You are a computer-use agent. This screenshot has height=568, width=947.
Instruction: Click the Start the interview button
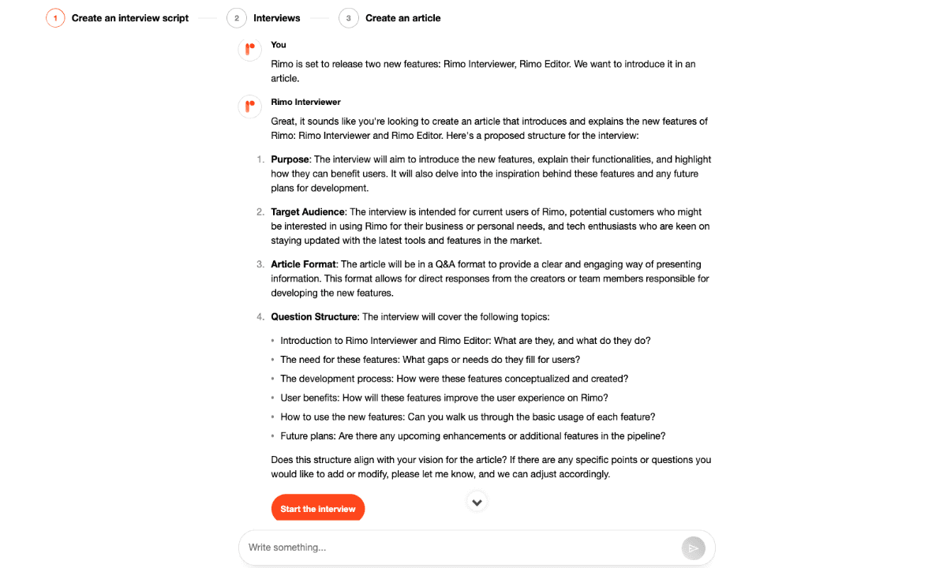(x=318, y=509)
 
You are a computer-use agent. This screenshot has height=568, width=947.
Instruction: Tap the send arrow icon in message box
(x=692, y=548)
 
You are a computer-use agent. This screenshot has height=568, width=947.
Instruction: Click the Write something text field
(x=458, y=547)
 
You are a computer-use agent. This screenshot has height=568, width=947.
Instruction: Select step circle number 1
(x=55, y=18)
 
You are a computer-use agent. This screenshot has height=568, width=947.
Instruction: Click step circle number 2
(x=237, y=18)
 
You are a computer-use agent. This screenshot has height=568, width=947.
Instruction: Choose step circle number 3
(x=349, y=18)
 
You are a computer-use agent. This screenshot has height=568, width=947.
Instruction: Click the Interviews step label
(x=277, y=18)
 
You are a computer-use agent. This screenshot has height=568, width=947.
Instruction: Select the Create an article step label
(x=403, y=18)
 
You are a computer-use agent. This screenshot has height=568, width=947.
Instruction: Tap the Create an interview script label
(x=130, y=18)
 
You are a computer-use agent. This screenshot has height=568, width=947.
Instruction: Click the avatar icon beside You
(x=249, y=50)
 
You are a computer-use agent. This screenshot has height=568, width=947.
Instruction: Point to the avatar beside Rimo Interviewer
(x=249, y=106)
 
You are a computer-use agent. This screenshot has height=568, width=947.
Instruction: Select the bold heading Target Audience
(x=308, y=212)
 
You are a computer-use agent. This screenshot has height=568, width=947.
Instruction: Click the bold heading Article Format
(x=304, y=264)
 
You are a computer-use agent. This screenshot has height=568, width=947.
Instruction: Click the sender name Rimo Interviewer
(x=305, y=102)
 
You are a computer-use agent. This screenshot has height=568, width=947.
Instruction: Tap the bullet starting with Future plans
(x=473, y=436)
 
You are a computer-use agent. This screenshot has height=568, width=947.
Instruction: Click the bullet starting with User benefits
(x=444, y=398)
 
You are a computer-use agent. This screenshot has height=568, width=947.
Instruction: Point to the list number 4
(x=260, y=317)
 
